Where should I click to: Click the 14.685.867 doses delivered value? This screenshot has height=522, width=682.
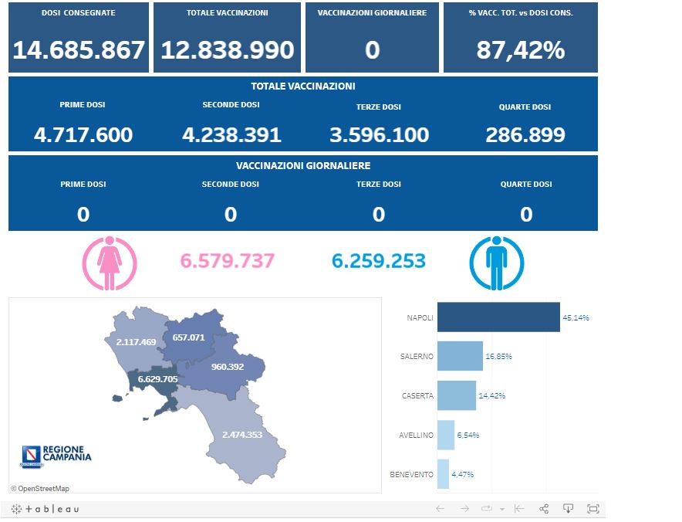click(x=79, y=50)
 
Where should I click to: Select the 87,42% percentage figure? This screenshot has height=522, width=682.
click(x=521, y=50)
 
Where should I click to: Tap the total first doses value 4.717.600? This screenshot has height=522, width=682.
click(x=83, y=135)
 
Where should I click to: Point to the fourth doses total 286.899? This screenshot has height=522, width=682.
click(x=525, y=135)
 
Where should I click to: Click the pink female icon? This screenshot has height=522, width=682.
click(x=110, y=263)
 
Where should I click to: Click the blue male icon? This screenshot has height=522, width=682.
click(x=497, y=263)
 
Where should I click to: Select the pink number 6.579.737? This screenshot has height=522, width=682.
click(x=228, y=261)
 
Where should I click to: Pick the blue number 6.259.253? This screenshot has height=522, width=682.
click(x=379, y=261)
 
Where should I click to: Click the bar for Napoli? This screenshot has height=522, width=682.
click(x=498, y=317)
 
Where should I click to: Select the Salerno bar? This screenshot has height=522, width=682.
click(x=460, y=357)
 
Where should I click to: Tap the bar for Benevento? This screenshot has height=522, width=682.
click(x=443, y=474)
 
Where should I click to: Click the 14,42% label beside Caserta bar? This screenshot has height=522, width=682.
click(x=492, y=396)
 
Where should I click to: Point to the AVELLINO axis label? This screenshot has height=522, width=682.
click(x=416, y=436)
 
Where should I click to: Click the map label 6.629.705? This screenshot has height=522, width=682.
click(x=157, y=379)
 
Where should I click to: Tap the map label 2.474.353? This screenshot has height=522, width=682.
click(x=242, y=435)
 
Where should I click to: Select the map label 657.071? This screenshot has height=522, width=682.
click(x=189, y=337)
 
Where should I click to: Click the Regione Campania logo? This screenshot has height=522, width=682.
click(x=56, y=456)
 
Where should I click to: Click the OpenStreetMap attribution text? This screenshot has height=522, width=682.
click(x=40, y=488)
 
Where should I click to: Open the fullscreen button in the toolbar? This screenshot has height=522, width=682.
click(x=593, y=509)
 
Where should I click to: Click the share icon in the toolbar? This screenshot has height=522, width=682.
click(x=544, y=509)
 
